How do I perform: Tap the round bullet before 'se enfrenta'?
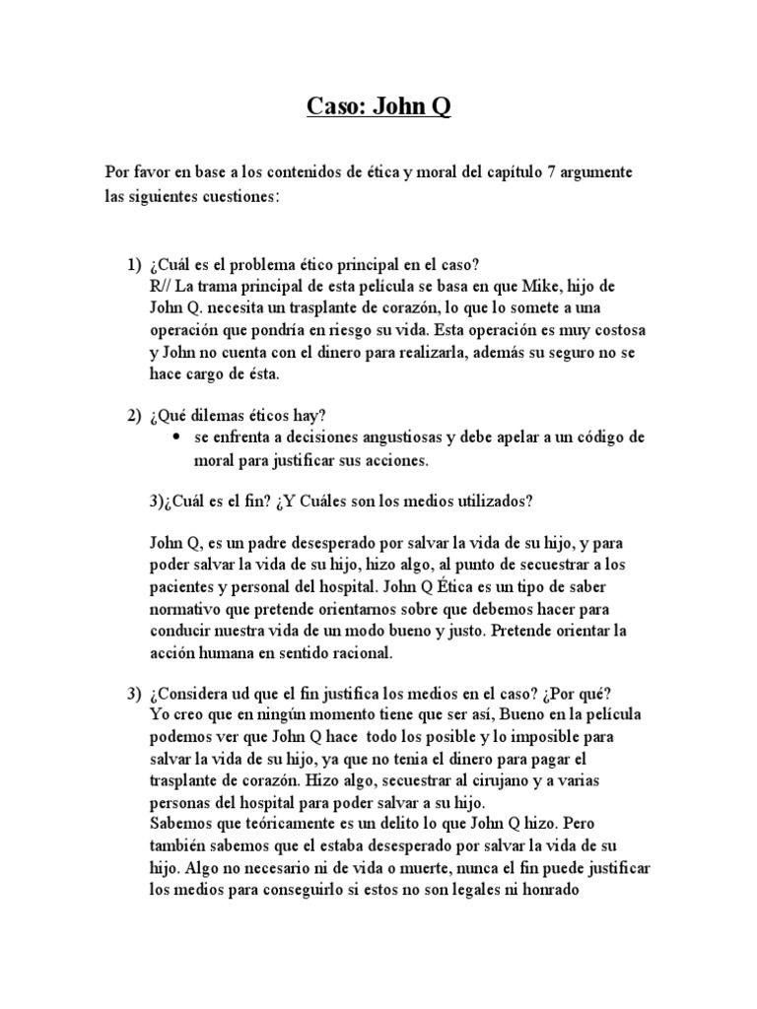click(x=176, y=437)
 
